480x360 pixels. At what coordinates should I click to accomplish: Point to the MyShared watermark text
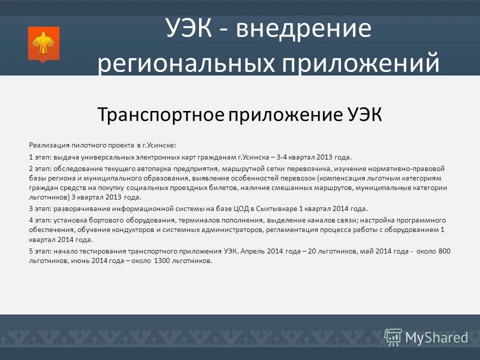click(x=436, y=337)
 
